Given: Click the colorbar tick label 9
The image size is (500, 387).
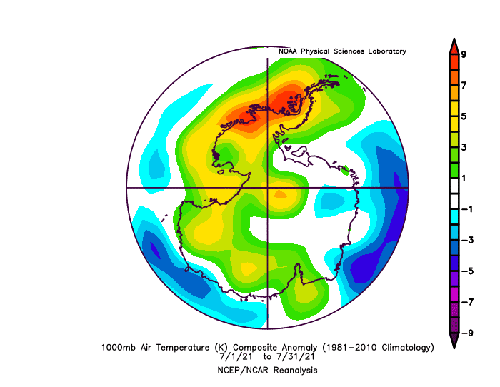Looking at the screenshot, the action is pos(464,54).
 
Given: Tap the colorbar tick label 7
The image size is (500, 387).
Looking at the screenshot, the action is pos(464,85).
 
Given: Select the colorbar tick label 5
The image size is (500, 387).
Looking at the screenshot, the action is pos(464,116).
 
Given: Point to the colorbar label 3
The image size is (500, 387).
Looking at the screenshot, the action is pos(464,147).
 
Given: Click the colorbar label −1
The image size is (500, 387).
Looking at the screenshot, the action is pos(467,209).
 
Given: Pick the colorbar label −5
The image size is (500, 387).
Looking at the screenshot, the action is pos(467,271).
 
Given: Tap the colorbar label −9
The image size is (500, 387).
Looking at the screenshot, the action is pos(467,333).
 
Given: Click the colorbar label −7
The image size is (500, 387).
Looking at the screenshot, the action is pos(467,302).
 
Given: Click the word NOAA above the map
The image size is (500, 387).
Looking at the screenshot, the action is pos(288,51).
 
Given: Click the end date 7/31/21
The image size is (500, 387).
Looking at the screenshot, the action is pos(296,357).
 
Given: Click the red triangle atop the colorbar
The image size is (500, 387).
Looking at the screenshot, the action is pos(454,47).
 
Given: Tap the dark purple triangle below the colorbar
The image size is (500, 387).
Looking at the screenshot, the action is pos(454,340).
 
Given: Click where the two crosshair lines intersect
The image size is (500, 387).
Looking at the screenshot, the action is pos(267,188).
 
